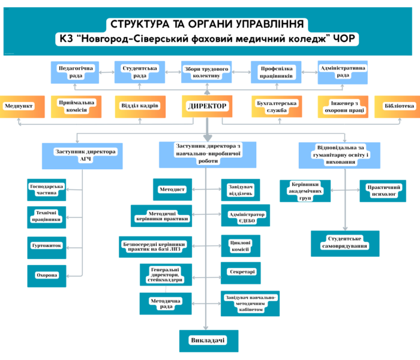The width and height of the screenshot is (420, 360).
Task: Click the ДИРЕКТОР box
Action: [x=207, y=106]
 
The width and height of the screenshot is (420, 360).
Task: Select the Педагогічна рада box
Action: [x=76, y=73]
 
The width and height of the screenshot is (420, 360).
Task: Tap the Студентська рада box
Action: [x=140, y=73]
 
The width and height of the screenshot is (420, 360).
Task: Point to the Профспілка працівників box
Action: [x=276, y=73]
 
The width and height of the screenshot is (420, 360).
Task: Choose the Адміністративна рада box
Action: [x=343, y=73]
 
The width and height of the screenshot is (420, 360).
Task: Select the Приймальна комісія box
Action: [x=74, y=106]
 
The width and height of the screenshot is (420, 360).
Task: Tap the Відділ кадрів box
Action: [x=140, y=106]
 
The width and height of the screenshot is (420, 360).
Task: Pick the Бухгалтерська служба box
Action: [x=276, y=106]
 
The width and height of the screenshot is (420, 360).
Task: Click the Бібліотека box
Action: [x=398, y=106]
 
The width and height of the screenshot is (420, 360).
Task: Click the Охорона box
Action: [x=46, y=275]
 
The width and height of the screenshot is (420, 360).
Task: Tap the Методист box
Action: [x=172, y=189]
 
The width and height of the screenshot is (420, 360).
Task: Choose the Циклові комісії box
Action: [x=240, y=245]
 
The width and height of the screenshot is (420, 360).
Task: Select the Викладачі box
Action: [x=207, y=341]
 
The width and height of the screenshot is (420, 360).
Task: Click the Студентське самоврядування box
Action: [x=344, y=243]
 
